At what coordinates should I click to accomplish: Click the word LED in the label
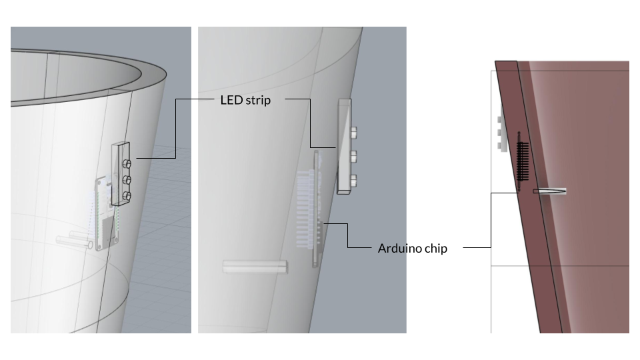(231, 100)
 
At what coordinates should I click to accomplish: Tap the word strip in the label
(258, 101)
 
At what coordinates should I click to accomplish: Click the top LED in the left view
(127, 164)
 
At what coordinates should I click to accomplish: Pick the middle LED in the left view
(127, 179)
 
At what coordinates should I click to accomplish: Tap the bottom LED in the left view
(127, 196)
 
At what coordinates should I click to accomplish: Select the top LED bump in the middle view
(353, 132)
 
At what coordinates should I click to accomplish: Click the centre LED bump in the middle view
(353, 155)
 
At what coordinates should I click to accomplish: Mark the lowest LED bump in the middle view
(353, 179)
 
